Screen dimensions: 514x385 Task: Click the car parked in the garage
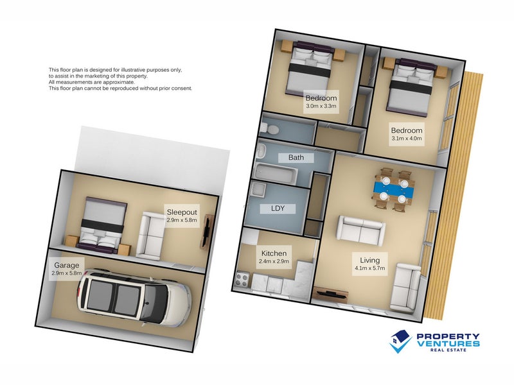click(134, 298)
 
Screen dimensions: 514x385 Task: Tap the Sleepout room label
click(182, 212)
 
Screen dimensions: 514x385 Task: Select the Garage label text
click(67, 265)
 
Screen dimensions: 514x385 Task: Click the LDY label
click(278, 208)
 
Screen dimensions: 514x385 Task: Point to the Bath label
click(296, 157)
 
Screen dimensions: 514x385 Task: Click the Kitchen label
click(274, 253)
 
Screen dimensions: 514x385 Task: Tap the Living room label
click(370, 261)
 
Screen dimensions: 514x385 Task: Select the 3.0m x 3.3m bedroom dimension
click(321, 106)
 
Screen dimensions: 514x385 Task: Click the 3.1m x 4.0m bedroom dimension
click(407, 138)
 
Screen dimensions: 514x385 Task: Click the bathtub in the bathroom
click(276, 174)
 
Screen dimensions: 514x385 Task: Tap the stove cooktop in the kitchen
click(243, 280)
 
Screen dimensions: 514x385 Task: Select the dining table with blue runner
click(393, 189)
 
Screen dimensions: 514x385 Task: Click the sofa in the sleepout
click(150, 234)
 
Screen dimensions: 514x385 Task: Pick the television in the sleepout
click(207, 232)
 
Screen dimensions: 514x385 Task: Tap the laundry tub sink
click(259, 190)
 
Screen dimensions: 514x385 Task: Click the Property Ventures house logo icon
click(400, 341)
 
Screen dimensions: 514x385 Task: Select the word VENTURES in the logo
click(448, 343)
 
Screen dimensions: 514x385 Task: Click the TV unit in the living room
click(329, 293)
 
